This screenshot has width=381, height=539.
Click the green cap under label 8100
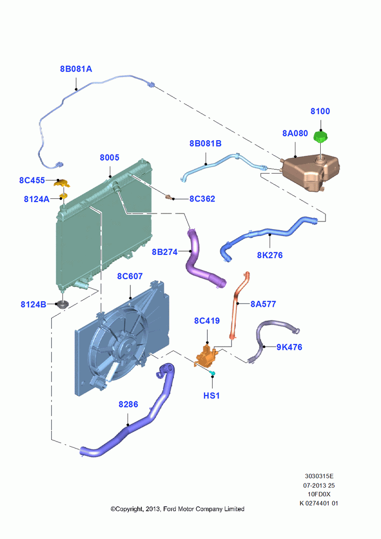pyautogui.click(x=321, y=137)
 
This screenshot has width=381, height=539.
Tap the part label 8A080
pyautogui.click(x=295, y=133)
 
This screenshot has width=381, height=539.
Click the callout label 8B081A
pyautogui.click(x=76, y=69)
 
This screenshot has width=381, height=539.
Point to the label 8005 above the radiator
pyautogui.click(x=109, y=157)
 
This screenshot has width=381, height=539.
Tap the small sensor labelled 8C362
pyautogui.click(x=169, y=197)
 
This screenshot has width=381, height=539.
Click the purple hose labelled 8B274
pyautogui.click(x=202, y=260)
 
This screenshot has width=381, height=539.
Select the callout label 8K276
pyautogui.click(x=270, y=255)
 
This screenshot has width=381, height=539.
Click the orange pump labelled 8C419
pyautogui.click(x=207, y=355)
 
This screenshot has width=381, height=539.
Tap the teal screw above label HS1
pyautogui.click(x=213, y=373)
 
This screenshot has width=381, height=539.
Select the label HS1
pyautogui.click(x=211, y=396)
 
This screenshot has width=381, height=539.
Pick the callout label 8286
pyautogui.click(x=128, y=404)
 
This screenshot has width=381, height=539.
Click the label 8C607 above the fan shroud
pyautogui.click(x=130, y=277)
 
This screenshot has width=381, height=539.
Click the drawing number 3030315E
pyautogui.click(x=319, y=476)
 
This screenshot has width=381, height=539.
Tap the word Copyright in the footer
pyautogui.click(x=129, y=509)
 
